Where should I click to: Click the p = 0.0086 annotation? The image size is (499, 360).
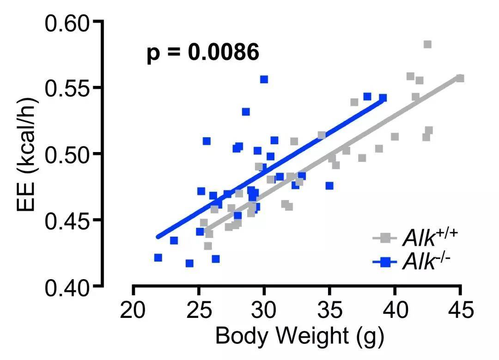click(203, 53)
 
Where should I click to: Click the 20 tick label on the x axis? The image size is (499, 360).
click(133, 309)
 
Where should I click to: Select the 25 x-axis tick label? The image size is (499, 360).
click(199, 309)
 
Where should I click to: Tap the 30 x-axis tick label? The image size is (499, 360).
click(264, 309)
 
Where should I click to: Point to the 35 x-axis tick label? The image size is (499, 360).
click(329, 309)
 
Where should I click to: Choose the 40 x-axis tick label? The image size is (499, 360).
click(395, 309)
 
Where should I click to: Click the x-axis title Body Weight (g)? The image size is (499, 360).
click(299, 337)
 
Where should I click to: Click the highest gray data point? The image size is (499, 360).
click(427, 44)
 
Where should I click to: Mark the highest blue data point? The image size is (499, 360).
click(264, 79)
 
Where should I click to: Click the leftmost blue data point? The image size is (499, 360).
click(158, 257)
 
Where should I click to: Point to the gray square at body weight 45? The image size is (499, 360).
click(460, 79)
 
